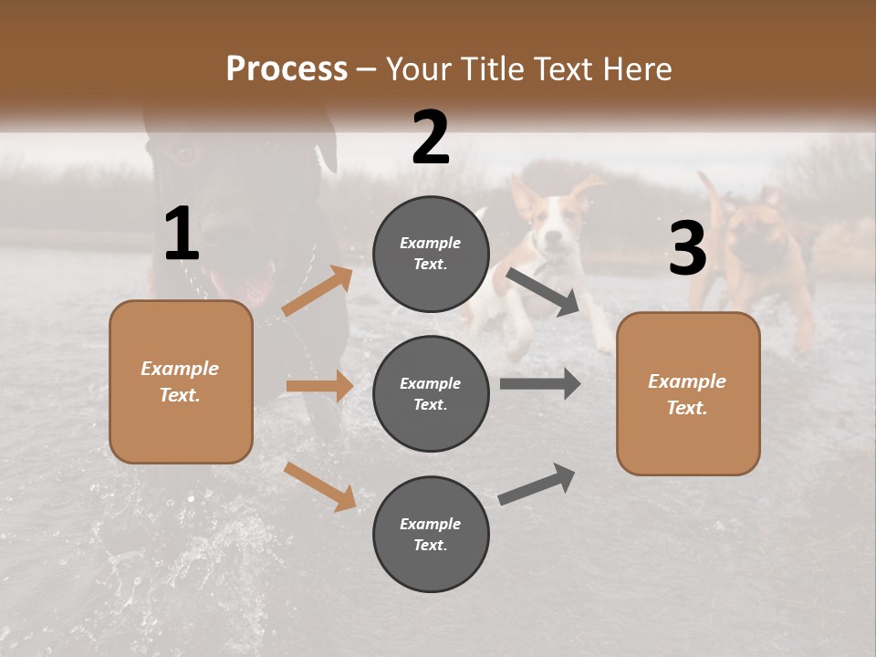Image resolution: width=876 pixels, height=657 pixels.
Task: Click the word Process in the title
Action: pyautogui.click(x=287, y=68)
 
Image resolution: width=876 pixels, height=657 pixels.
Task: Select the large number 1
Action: pyautogui.click(x=182, y=235)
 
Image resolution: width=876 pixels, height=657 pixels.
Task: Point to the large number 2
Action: pyautogui.click(x=431, y=137)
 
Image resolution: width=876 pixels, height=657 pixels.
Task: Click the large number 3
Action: pyautogui.click(x=688, y=248)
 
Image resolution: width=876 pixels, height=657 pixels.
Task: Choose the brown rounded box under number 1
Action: pyautogui.click(x=181, y=381)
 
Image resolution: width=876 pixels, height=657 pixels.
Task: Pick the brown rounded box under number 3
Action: pyautogui.click(x=688, y=393)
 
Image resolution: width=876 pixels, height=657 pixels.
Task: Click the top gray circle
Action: pyautogui.click(x=431, y=253)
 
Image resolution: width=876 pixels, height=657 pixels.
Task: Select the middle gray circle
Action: pyautogui.click(x=431, y=393)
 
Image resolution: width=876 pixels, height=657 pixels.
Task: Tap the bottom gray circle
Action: pyautogui.click(x=431, y=534)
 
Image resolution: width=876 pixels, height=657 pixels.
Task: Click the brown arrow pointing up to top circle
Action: pyautogui.click(x=318, y=291)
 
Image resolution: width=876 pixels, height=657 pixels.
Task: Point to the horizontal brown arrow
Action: pyautogui.click(x=319, y=386)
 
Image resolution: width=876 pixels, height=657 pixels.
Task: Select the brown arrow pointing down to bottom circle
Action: pyautogui.click(x=320, y=485)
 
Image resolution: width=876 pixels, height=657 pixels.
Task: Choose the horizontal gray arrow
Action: pyautogui.click(x=540, y=384)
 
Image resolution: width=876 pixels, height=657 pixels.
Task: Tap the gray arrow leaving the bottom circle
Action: pyautogui.click(x=537, y=484)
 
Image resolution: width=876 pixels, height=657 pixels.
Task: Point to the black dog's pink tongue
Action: pyautogui.click(x=256, y=290)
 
